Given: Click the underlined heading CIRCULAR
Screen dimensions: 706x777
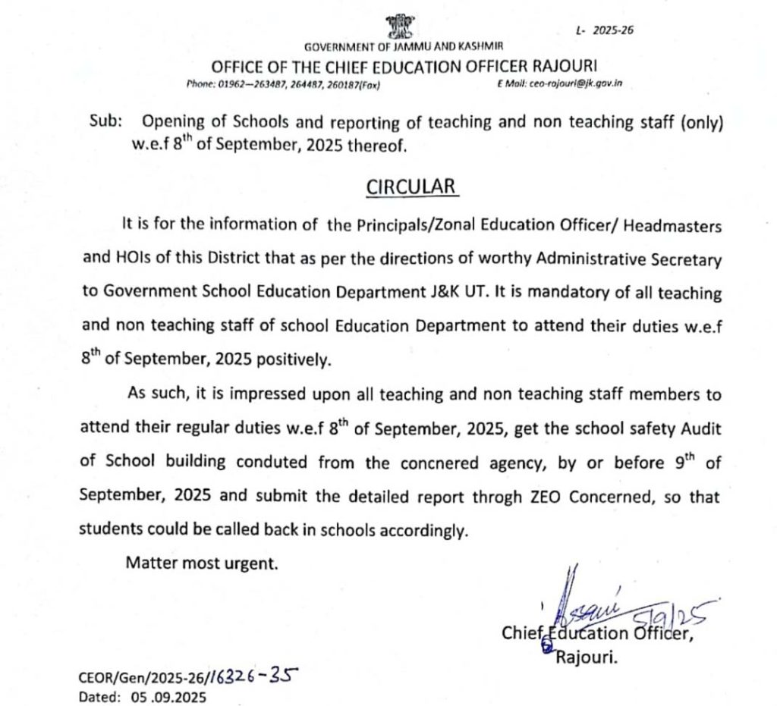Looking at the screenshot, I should [413, 187].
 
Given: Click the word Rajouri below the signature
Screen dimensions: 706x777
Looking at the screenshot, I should [587, 659].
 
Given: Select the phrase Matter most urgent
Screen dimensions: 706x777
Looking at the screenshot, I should [203, 563].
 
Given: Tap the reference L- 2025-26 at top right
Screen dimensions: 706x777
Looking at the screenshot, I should [604, 30].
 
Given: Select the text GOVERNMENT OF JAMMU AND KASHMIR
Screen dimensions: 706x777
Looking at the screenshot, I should [403, 48].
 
